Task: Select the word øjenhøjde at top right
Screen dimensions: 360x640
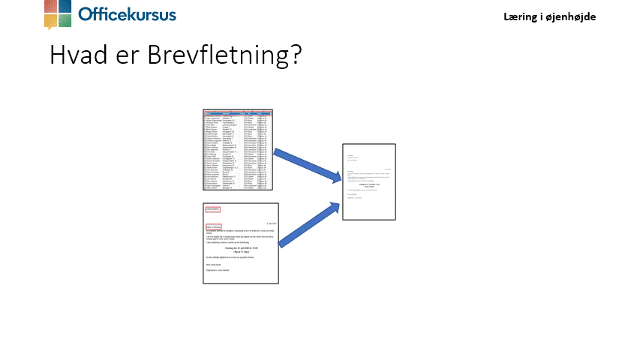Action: pos(571,16)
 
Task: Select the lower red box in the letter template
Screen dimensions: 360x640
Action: pos(214,226)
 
